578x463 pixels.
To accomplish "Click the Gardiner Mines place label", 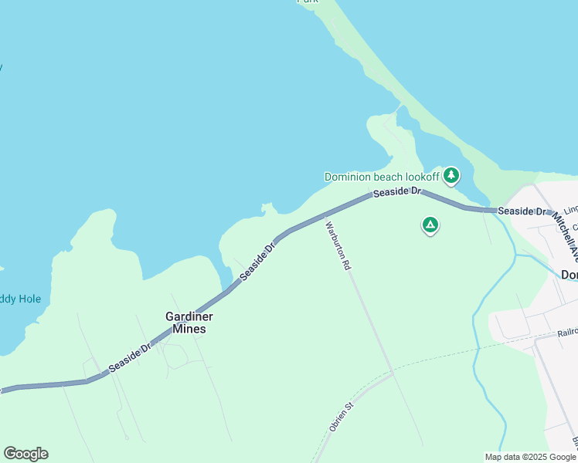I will tap(189, 323).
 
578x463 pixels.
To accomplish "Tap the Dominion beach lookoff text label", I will tap(381, 177).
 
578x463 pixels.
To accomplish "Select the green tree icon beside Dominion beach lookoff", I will tap(450, 175).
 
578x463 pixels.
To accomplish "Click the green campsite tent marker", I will tap(430, 225).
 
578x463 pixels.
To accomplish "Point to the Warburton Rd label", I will tap(338, 245).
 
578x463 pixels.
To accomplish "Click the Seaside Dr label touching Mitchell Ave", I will tap(522, 211).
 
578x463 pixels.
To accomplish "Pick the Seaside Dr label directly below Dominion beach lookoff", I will tap(396, 191).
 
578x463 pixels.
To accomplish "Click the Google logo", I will tap(25, 454).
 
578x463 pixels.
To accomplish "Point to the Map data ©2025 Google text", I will tap(530, 457).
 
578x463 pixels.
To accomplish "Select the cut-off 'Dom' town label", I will tap(569, 275).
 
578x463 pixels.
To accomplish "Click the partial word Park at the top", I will tap(308, 2).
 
